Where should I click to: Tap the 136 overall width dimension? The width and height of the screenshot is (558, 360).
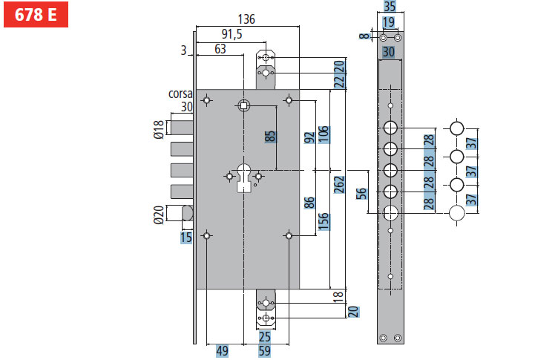click(x=246, y=19)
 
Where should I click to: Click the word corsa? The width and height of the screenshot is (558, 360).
click(x=180, y=94)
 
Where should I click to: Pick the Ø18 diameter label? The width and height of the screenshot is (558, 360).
click(x=158, y=131)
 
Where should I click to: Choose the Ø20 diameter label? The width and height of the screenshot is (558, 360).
click(x=158, y=215)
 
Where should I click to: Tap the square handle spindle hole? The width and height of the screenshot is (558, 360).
click(x=243, y=105)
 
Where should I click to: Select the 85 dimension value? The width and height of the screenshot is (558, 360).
click(x=269, y=137)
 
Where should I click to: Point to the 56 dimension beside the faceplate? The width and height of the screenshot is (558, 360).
click(x=362, y=194)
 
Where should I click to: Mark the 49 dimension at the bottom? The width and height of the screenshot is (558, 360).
click(x=222, y=351)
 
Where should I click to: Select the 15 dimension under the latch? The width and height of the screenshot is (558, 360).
click(x=186, y=238)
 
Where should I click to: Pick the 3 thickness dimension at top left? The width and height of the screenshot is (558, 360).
click(x=182, y=50)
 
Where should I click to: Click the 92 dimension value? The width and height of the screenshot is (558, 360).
click(x=309, y=138)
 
